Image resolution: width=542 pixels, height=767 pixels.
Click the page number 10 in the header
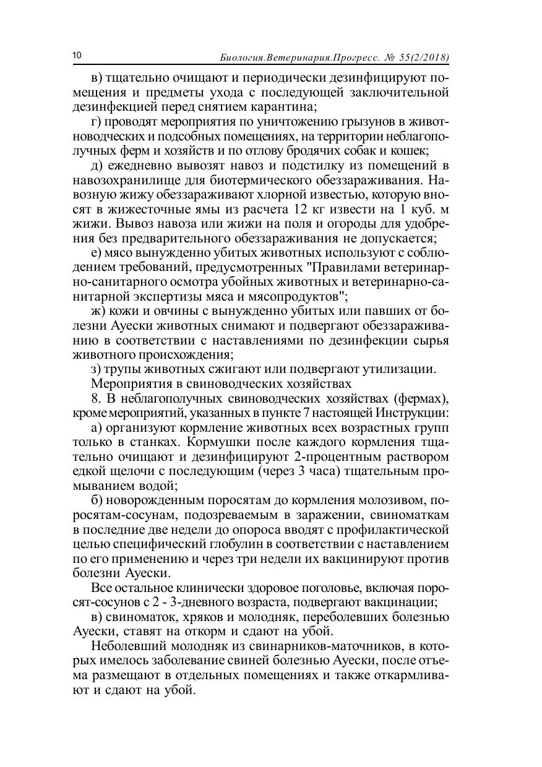click(x=77, y=56)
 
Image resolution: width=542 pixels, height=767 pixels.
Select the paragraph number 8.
click(x=94, y=397)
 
